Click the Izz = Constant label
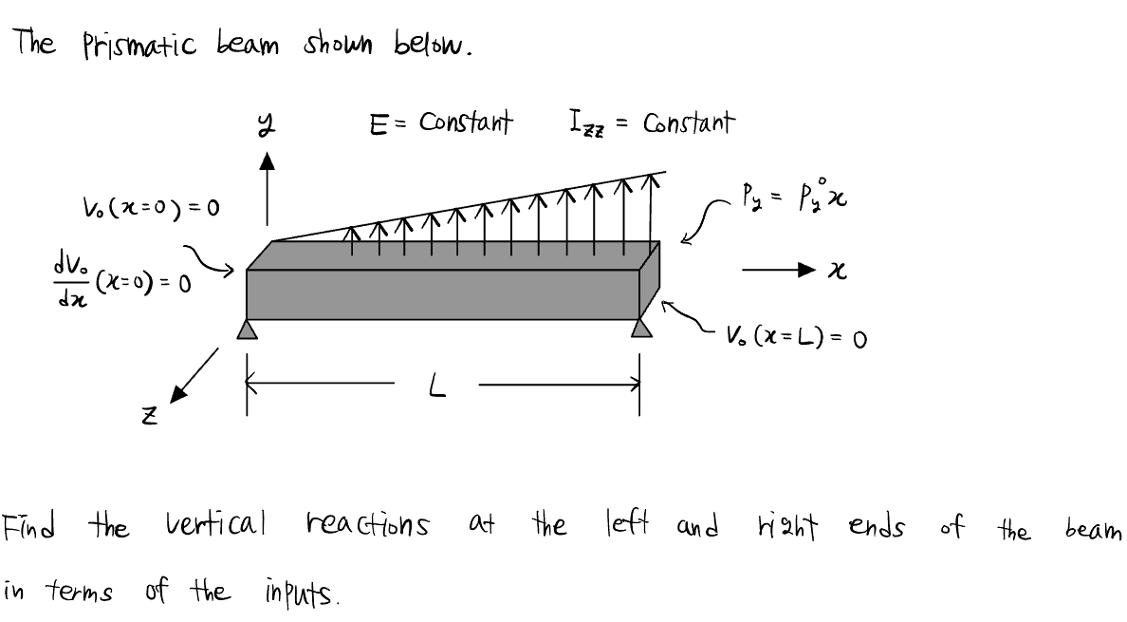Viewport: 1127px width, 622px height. pyautogui.click(x=651, y=123)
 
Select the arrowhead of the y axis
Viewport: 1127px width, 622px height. pyautogui.click(x=268, y=165)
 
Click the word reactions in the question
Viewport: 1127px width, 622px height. pyautogui.click(x=368, y=525)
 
